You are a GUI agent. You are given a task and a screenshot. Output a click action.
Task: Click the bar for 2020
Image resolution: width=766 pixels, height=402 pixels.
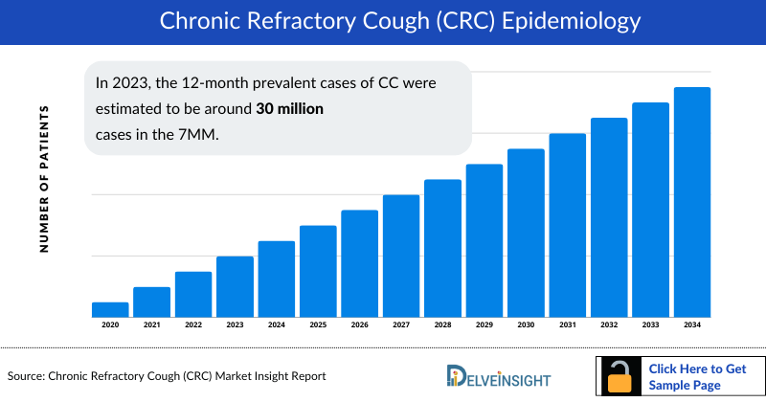(x=110, y=309)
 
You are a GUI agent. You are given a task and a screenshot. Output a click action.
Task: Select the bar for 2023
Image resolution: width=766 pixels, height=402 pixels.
(x=235, y=286)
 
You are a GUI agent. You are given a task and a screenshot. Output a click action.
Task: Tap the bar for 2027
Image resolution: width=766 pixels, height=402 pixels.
(x=401, y=256)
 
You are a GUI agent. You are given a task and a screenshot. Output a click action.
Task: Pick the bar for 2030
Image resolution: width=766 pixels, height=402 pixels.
(x=526, y=233)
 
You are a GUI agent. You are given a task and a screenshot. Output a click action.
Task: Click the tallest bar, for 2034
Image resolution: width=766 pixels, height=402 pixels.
(x=692, y=202)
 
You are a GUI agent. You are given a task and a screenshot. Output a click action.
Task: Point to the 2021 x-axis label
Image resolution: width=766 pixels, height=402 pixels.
(x=151, y=325)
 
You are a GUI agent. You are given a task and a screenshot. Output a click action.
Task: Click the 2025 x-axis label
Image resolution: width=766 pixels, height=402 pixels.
(x=318, y=325)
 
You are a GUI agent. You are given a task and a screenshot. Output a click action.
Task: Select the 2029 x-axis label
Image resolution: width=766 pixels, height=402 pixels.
(x=484, y=325)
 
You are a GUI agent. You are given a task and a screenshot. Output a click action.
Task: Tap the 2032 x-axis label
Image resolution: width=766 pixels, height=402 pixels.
(x=609, y=325)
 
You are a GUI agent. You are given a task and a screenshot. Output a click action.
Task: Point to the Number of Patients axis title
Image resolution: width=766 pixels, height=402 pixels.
(x=44, y=180)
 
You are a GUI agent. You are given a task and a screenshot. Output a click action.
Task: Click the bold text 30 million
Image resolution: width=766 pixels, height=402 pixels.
(x=289, y=110)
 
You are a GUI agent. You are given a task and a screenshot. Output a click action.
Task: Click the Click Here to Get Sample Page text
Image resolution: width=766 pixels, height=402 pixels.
(x=697, y=376)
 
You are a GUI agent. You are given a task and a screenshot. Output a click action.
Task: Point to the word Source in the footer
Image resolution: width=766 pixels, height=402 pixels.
(x=30, y=376)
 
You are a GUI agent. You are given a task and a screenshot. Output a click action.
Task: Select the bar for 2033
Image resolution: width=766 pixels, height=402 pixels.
(x=650, y=210)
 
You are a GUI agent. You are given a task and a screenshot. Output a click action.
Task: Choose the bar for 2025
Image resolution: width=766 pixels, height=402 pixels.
(x=318, y=271)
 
